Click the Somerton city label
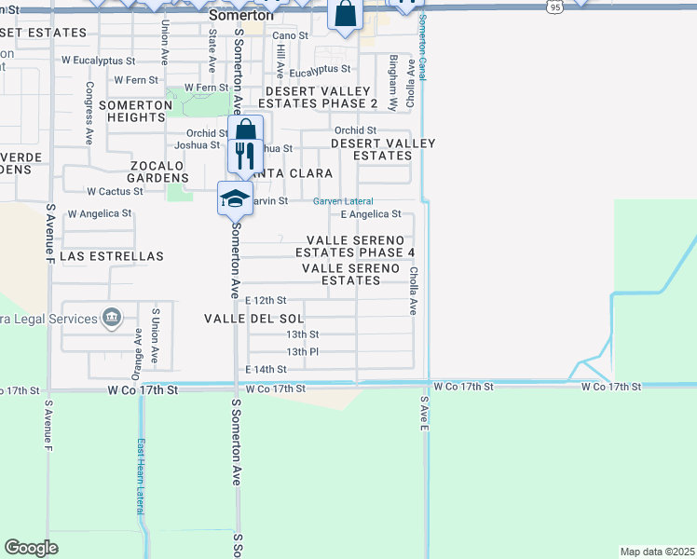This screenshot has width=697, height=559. click(240, 15)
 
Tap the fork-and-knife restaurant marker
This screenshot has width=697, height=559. click(245, 156)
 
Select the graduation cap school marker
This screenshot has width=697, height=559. click(236, 198)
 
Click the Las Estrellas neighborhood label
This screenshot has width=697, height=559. click(112, 255)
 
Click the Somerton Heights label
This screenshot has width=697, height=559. click(136, 111)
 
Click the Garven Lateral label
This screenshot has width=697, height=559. click(343, 201)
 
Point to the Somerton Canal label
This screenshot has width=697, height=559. click(422, 48)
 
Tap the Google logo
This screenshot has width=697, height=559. click(31, 548)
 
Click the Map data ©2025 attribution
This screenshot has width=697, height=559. click(656, 552)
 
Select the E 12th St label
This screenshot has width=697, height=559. click(266, 301)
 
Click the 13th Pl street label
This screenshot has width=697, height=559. click(303, 352)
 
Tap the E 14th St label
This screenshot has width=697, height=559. click(266, 370)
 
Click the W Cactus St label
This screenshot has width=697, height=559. click(115, 191)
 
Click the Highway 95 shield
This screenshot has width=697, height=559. click(555, 7)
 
